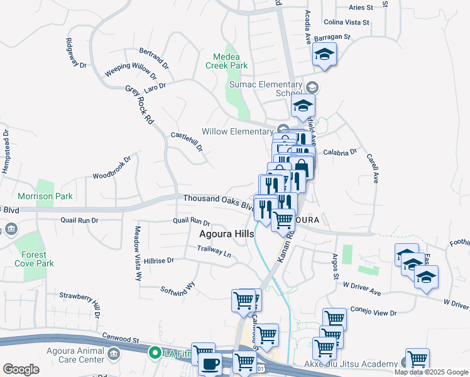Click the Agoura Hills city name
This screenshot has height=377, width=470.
click(x=227, y=234)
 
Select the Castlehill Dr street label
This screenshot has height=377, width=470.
click(x=187, y=142)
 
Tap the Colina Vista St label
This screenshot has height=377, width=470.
click(x=346, y=22)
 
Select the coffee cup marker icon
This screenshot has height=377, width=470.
click(x=210, y=363)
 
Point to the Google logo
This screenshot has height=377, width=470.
click(x=21, y=369)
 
